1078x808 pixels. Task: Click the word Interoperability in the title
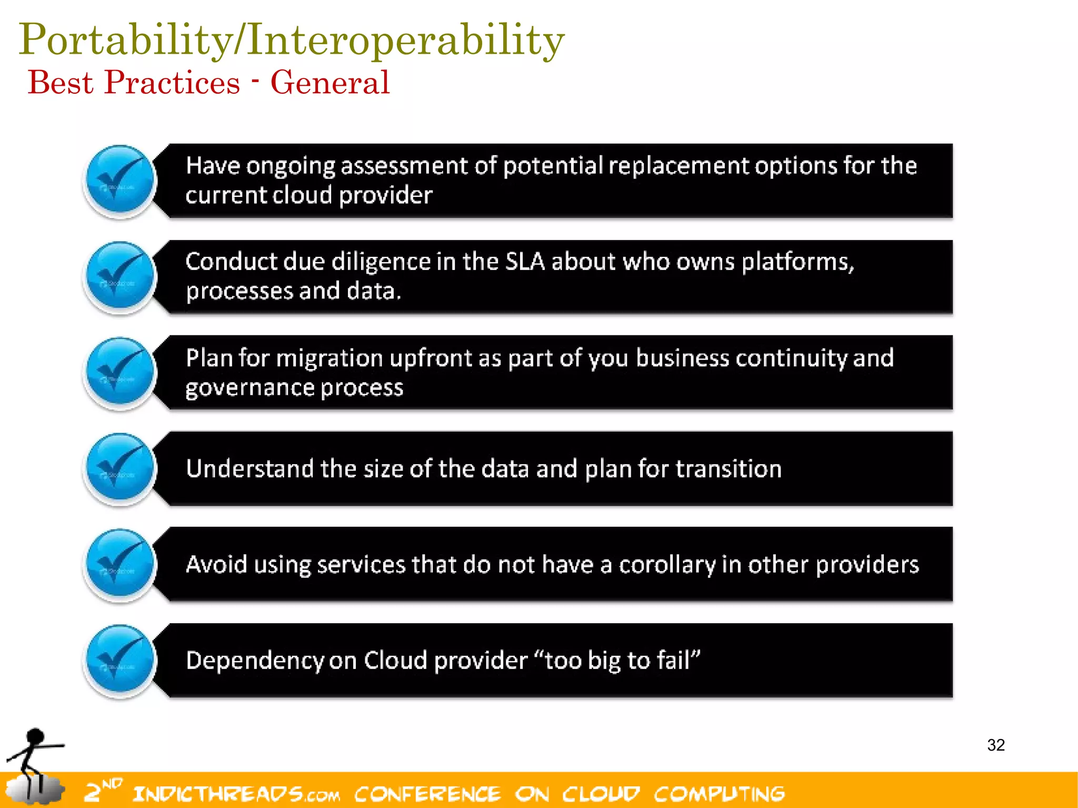point(405,40)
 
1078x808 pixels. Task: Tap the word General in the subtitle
point(330,83)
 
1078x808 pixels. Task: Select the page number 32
point(995,745)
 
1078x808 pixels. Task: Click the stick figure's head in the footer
point(35,736)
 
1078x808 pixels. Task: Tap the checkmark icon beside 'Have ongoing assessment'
point(120,181)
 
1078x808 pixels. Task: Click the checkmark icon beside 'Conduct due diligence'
point(120,277)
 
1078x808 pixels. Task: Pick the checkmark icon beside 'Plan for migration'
point(120,373)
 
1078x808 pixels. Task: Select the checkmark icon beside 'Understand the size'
point(120,468)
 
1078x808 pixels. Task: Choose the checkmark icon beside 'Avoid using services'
point(120,564)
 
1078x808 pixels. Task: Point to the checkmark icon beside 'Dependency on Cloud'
point(120,660)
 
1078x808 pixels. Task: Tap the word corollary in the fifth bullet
point(667,565)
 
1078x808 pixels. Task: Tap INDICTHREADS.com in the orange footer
point(236,794)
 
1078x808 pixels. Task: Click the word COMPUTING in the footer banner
point(719,794)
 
